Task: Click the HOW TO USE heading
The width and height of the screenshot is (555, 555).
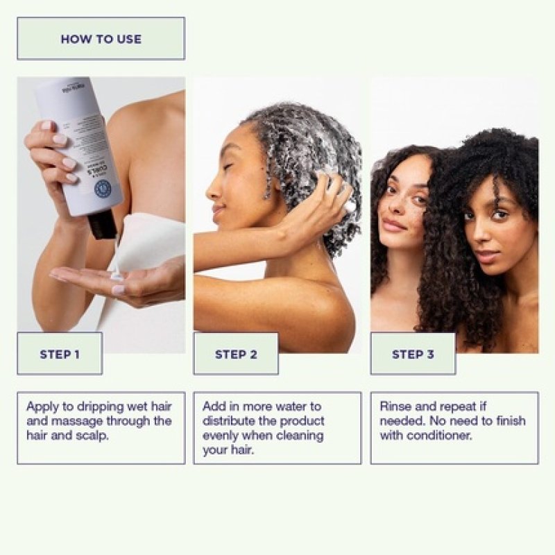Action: pos(101,39)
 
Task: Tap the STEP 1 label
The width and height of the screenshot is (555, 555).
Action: pos(60,354)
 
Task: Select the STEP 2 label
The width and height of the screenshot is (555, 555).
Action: pos(236,354)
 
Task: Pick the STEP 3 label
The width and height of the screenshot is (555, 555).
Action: pos(413,354)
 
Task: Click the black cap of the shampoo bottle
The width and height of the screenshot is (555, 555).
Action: pos(103,224)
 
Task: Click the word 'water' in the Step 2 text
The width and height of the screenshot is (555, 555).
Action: pos(305,407)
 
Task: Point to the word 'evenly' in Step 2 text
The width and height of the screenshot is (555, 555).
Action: pos(221,436)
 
